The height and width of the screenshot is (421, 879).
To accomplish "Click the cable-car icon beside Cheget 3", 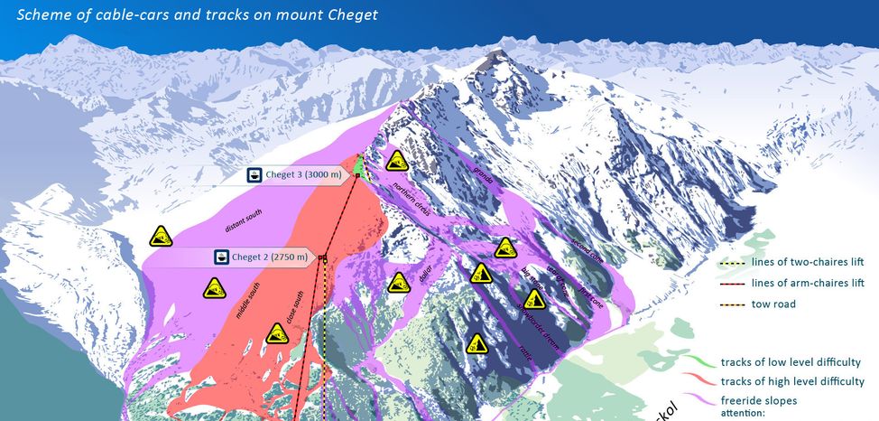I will click(255, 174).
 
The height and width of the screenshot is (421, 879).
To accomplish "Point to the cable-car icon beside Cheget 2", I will click(219, 257).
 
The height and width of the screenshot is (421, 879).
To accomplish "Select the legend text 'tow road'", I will click(773, 304).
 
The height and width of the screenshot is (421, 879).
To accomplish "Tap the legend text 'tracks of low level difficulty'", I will click(792, 362).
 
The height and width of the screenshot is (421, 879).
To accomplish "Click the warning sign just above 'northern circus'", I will click(395, 162).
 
